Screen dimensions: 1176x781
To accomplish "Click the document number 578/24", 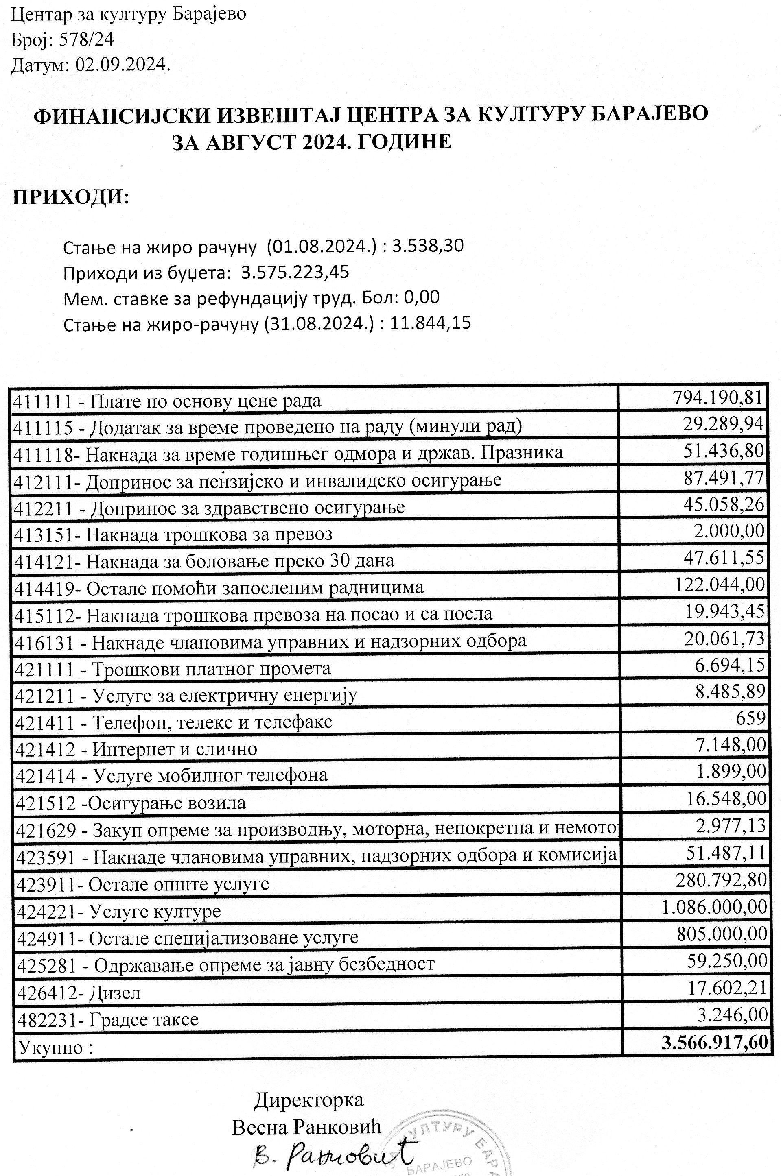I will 86,39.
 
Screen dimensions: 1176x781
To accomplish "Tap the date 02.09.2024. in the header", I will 123,65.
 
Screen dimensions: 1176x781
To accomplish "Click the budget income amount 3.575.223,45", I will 295,272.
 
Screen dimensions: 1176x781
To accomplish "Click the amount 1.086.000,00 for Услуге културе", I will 714,907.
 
